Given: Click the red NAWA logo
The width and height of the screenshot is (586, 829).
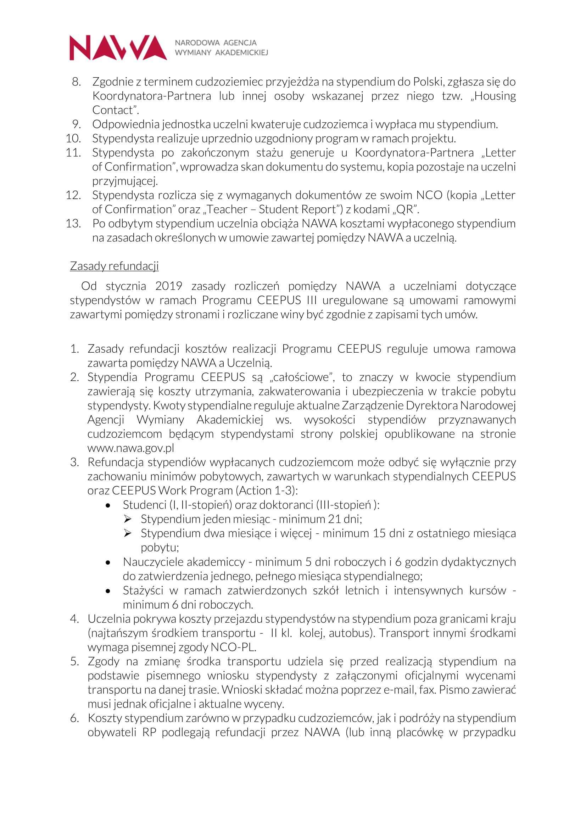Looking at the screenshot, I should click(x=118, y=47).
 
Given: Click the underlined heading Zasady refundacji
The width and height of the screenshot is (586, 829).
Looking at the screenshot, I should click(x=114, y=266).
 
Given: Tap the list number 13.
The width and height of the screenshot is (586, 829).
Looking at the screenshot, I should click(x=73, y=224).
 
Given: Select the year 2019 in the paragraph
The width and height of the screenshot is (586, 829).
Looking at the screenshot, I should click(x=169, y=286).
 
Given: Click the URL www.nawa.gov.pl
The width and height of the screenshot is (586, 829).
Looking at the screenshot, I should click(x=131, y=448).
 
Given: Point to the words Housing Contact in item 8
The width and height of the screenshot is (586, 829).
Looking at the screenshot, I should click(x=495, y=96).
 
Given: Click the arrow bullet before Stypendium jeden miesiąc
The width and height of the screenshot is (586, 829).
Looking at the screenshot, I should click(x=128, y=519).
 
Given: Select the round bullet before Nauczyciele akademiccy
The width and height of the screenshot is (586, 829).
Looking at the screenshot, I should click(x=108, y=562).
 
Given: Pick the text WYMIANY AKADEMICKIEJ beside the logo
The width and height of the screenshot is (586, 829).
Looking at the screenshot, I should click(x=221, y=53).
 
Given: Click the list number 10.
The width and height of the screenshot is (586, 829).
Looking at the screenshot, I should click(x=73, y=138).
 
